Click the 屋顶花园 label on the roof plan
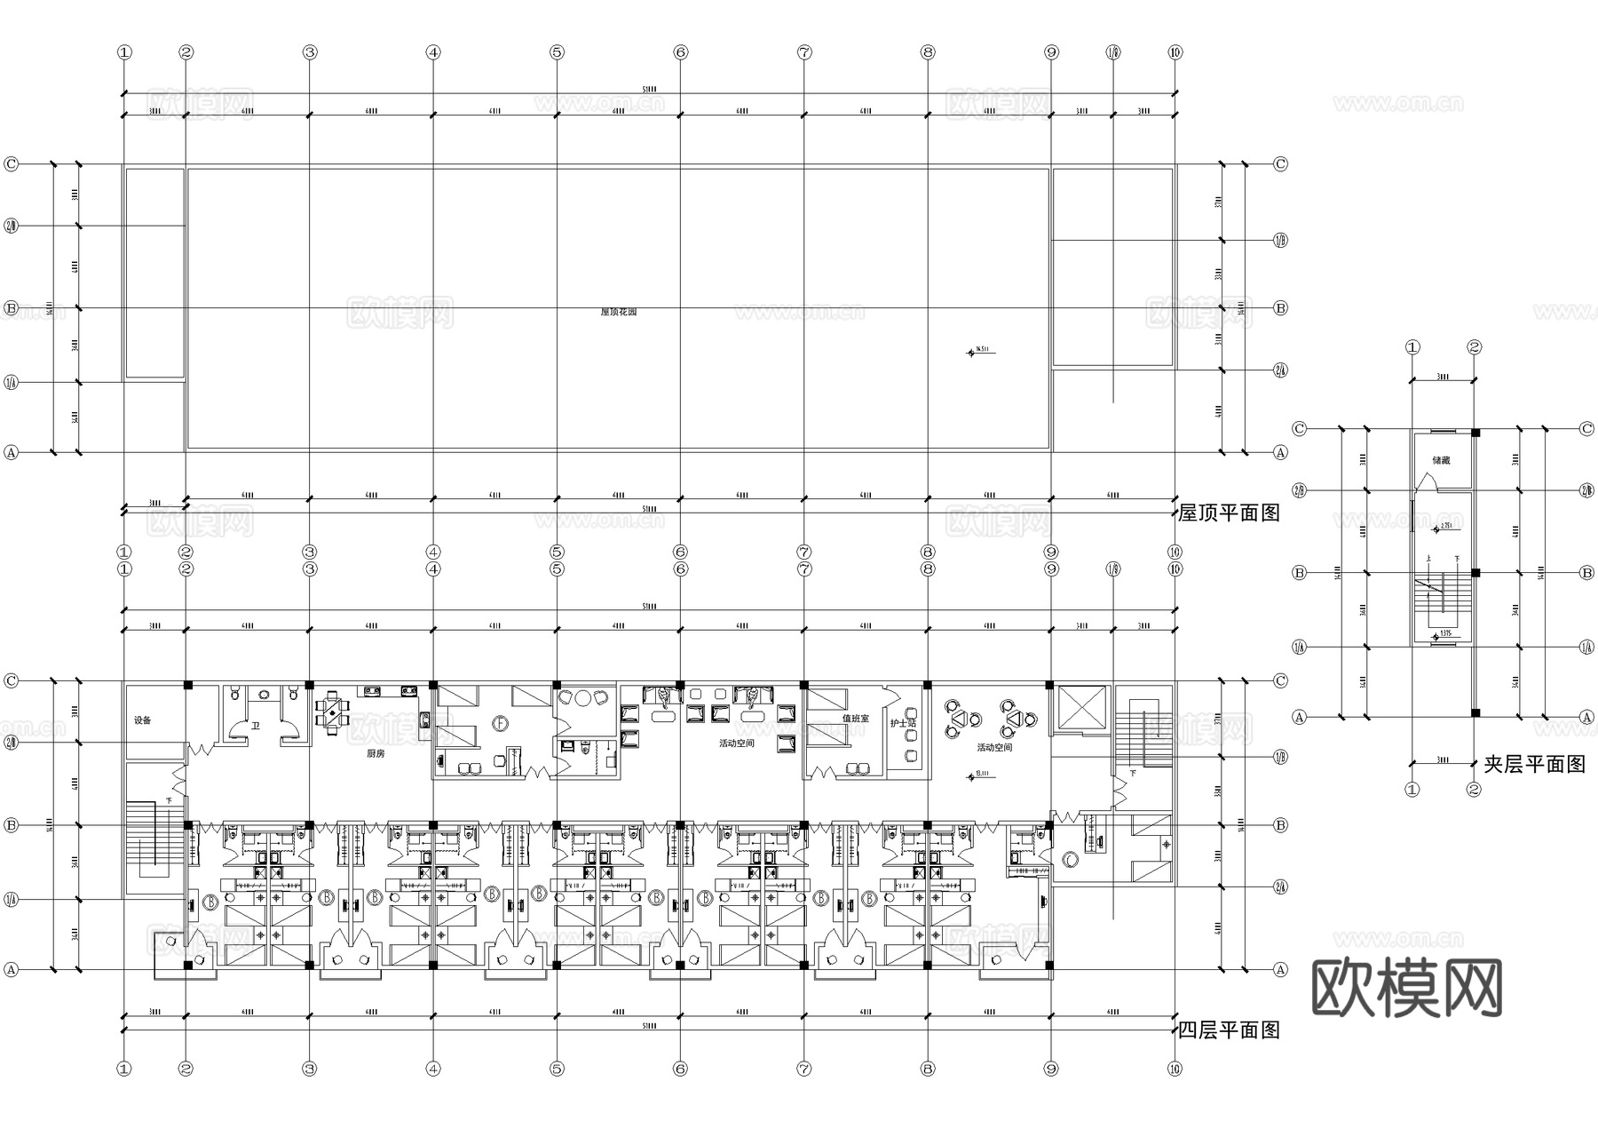[x=619, y=313]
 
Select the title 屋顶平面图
[x=1229, y=513]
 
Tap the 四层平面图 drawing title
[x=1229, y=1030]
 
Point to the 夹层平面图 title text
[x=1534, y=765]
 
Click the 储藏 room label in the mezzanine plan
[x=1441, y=461]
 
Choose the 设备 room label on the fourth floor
[x=143, y=720]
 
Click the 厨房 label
[x=376, y=753]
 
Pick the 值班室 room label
[x=856, y=719]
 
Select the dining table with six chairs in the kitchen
[x=333, y=712]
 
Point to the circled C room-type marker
[x=1071, y=859]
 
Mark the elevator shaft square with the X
[x=1080, y=708]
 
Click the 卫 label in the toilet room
[x=255, y=727]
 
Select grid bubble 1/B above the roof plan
[x=1113, y=52]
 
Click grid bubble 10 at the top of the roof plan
[x=1175, y=52]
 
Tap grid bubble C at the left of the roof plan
[x=12, y=164]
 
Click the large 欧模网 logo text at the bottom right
[x=1406, y=989]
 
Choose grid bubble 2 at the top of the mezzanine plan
[x=1475, y=347]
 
